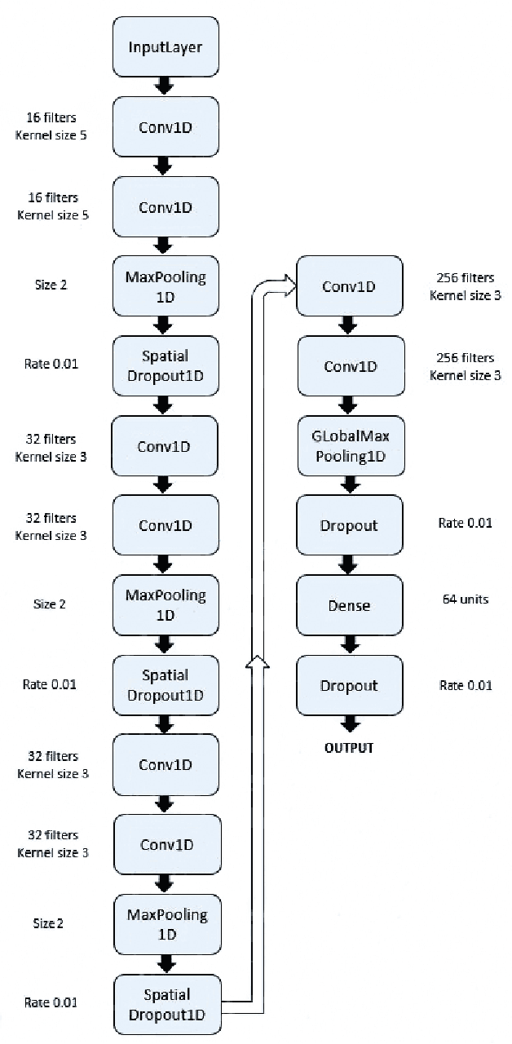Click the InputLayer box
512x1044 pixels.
(x=165, y=46)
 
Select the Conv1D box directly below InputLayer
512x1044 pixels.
(x=165, y=126)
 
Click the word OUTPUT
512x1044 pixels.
(x=348, y=747)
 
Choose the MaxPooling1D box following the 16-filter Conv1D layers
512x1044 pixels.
(x=165, y=286)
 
